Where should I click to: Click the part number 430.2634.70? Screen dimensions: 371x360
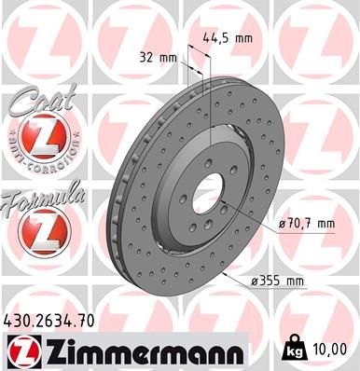[x=48, y=319]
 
